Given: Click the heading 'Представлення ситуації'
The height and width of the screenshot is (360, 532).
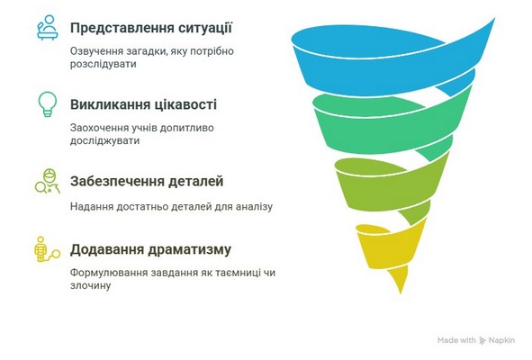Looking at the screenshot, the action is coord(151,28).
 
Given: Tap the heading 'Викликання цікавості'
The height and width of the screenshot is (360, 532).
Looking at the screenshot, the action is coord(143,104).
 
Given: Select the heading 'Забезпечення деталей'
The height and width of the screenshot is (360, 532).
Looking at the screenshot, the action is coord(147,181).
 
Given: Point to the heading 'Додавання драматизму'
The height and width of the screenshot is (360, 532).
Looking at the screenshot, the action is coord(150,249).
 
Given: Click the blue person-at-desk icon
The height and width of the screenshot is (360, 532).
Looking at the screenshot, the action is coord(48,28).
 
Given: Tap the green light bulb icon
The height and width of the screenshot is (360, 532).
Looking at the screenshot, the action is coord(48,104).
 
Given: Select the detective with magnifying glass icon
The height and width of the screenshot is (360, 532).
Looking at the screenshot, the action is coord(48,181).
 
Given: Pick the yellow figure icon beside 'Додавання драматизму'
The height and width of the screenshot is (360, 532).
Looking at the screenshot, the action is coord(47,249).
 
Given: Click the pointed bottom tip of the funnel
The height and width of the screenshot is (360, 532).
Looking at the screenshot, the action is coord(401,293).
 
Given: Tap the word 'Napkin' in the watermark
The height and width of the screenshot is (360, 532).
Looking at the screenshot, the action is coord(501,340).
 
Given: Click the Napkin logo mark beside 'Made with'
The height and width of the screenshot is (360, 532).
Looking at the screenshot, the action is coord(482,341).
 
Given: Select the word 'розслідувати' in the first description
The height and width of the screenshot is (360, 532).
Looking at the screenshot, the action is coord(104,64).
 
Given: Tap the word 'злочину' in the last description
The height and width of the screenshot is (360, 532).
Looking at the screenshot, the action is coord(90,285).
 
